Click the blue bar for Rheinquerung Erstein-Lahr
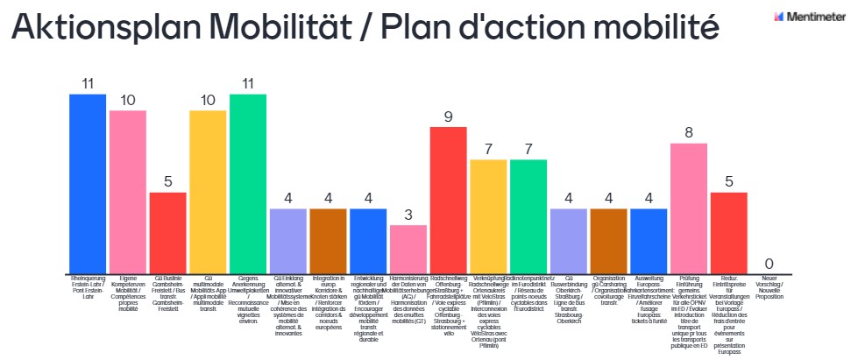(88, 183)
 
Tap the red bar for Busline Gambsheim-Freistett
(167, 232)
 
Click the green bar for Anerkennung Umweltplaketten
(248, 183)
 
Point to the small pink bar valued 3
(408, 249)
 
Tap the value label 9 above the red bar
(448, 116)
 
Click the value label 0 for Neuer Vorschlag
(769, 264)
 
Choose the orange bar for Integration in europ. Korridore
(328, 240)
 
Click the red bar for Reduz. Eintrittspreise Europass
(728, 232)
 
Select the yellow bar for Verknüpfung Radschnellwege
(488, 215)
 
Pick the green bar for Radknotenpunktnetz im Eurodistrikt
(528, 215)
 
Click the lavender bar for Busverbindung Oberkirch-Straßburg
(568, 240)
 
